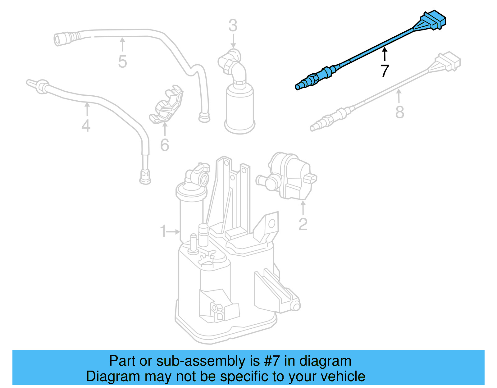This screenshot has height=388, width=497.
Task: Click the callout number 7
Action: click(x=385, y=71)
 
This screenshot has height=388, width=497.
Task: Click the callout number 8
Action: click(x=399, y=112)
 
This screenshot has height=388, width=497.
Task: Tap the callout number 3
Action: click(x=233, y=26)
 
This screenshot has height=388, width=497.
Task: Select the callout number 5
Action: click(x=122, y=62)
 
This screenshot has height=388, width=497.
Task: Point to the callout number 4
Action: click(x=86, y=126)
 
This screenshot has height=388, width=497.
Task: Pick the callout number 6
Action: click(x=165, y=145)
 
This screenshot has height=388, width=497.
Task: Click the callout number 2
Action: click(x=303, y=224)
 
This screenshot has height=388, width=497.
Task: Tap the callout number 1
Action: click(x=163, y=231)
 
